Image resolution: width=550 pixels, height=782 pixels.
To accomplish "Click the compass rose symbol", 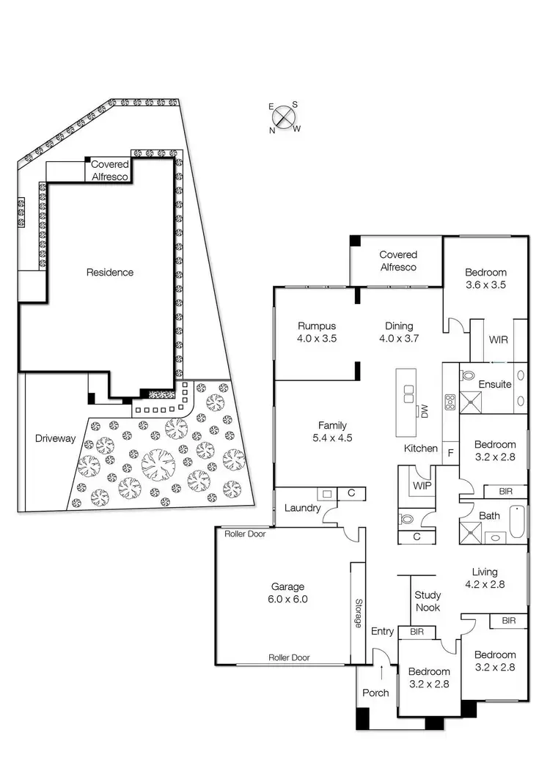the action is click(x=285, y=117).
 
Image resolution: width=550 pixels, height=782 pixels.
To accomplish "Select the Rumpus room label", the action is click(x=316, y=331).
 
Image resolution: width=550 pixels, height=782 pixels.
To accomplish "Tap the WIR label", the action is click(x=499, y=340).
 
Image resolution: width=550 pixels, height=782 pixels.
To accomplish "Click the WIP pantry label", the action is click(x=422, y=485).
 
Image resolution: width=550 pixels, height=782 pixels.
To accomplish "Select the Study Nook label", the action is click(x=428, y=601).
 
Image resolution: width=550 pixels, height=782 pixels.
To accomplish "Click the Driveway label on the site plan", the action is click(x=55, y=439).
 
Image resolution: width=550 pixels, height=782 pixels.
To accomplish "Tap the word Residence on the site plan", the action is click(x=110, y=272).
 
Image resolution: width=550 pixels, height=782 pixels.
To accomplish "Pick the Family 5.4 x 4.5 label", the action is click(x=331, y=431).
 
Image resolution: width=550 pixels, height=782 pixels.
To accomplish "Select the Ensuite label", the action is click(x=495, y=384).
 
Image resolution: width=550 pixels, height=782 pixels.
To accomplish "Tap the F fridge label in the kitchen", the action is click(x=450, y=452).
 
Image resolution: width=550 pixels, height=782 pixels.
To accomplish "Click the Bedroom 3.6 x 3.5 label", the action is click(x=485, y=279).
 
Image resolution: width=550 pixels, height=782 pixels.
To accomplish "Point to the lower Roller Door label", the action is click(x=289, y=657).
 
